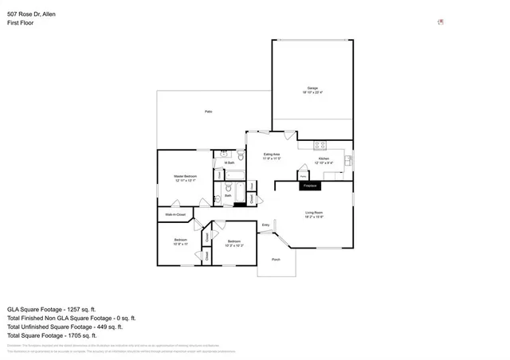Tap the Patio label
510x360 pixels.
208,112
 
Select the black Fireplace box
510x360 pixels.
310,186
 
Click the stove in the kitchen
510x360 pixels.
320,146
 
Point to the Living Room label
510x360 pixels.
313,212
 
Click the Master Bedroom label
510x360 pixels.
185,176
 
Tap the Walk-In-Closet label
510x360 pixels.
175,214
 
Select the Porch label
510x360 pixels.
276,260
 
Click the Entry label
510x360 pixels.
266,225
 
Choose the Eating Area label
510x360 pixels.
272,155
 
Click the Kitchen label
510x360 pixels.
324,159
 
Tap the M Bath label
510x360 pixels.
229,162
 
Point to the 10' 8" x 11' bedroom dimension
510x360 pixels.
181,245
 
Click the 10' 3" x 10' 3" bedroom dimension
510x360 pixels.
233,245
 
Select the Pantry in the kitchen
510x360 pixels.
304,176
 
